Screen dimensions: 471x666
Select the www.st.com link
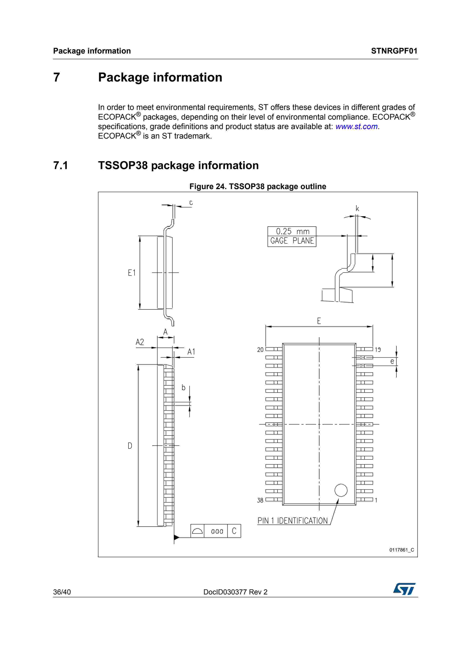pyautogui.click(x=356, y=126)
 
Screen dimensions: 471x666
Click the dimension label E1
pyautogui.click(x=132, y=273)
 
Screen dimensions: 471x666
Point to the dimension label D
pyautogui.click(x=130, y=446)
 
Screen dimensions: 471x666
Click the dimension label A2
pyautogui.click(x=140, y=342)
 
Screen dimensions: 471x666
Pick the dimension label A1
pyautogui.click(x=191, y=352)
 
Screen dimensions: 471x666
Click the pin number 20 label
pyautogui.click(x=260, y=350)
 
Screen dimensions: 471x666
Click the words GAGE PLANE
pyautogui.click(x=292, y=241)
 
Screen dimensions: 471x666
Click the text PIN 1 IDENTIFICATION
pyautogui.click(x=293, y=521)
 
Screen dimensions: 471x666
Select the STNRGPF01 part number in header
pyautogui.click(x=394, y=51)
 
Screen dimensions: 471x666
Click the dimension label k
pyautogui.click(x=357, y=209)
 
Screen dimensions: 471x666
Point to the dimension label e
pyautogui.click(x=392, y=361)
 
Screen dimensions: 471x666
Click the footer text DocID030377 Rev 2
pyautogui.click(x=235, y=592)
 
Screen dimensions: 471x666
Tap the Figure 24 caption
pyautogui.click(x=258, y=186)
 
